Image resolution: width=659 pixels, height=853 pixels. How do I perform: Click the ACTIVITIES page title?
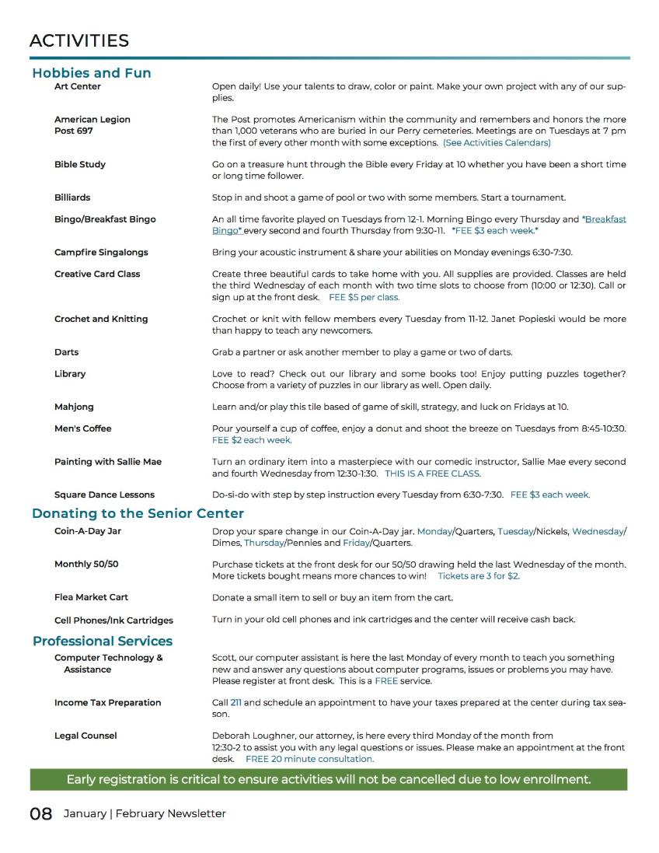pos(79,40)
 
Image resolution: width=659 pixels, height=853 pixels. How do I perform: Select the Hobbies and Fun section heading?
pos(92,73)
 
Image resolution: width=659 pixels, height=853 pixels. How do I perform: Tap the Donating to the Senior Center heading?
pos(138,513)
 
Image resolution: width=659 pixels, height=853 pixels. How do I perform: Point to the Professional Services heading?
pos(103,641)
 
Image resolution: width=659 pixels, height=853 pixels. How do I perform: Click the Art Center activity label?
pos(78,86)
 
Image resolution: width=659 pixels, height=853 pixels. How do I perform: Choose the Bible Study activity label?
pos(80,164)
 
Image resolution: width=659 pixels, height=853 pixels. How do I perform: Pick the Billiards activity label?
pos(72,198)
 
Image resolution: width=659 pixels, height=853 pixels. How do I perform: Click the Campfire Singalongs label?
pos(101,252)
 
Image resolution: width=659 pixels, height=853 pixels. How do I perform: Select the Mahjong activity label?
pos(75,407)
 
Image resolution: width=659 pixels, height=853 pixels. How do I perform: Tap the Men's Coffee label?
pos(83,428)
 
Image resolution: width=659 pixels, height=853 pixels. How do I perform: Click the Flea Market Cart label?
pos(92,597)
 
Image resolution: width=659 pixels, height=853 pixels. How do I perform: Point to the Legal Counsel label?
pos(85,736)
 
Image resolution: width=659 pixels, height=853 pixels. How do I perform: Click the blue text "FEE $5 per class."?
pos(364,297)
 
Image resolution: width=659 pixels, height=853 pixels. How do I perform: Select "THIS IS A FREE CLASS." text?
pos(433,473)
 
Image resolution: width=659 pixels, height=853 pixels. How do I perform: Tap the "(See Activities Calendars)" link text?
pos(497,143)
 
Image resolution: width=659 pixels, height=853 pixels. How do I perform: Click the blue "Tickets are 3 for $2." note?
pos(479,575)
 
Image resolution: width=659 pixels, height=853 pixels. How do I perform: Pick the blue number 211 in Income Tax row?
pos(236,702)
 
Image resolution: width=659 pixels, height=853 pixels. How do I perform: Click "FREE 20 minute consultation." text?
pos(309,758)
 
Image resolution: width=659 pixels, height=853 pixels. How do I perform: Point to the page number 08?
pos(41,813)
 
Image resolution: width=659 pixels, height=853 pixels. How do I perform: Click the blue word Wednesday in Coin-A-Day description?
pos(598,531)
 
